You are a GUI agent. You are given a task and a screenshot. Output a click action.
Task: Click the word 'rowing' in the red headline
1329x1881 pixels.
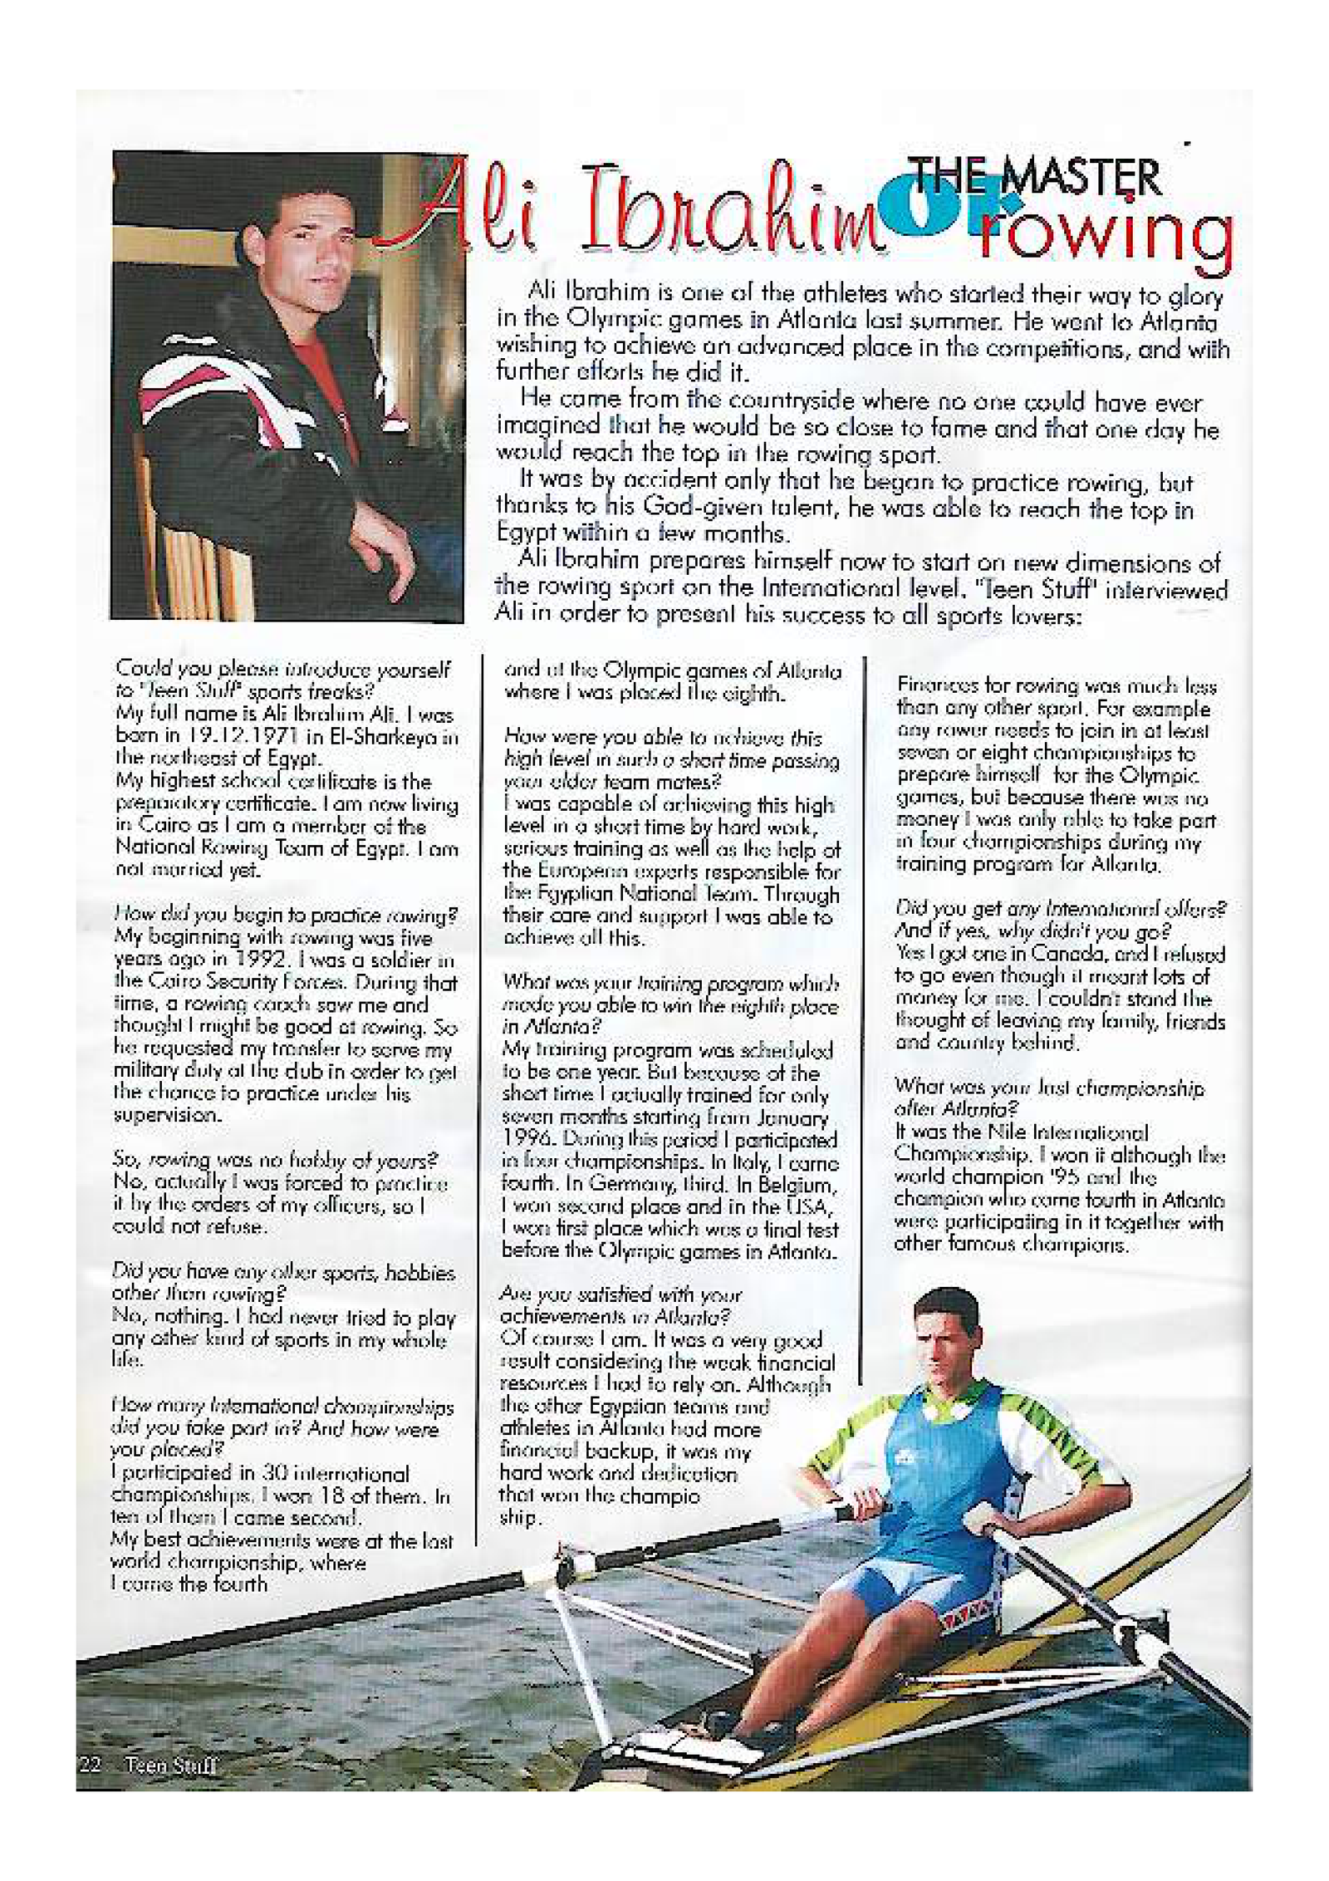(x=1104, y=235)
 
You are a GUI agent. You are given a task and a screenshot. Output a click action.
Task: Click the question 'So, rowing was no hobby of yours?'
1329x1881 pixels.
(x=274, y=1161)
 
